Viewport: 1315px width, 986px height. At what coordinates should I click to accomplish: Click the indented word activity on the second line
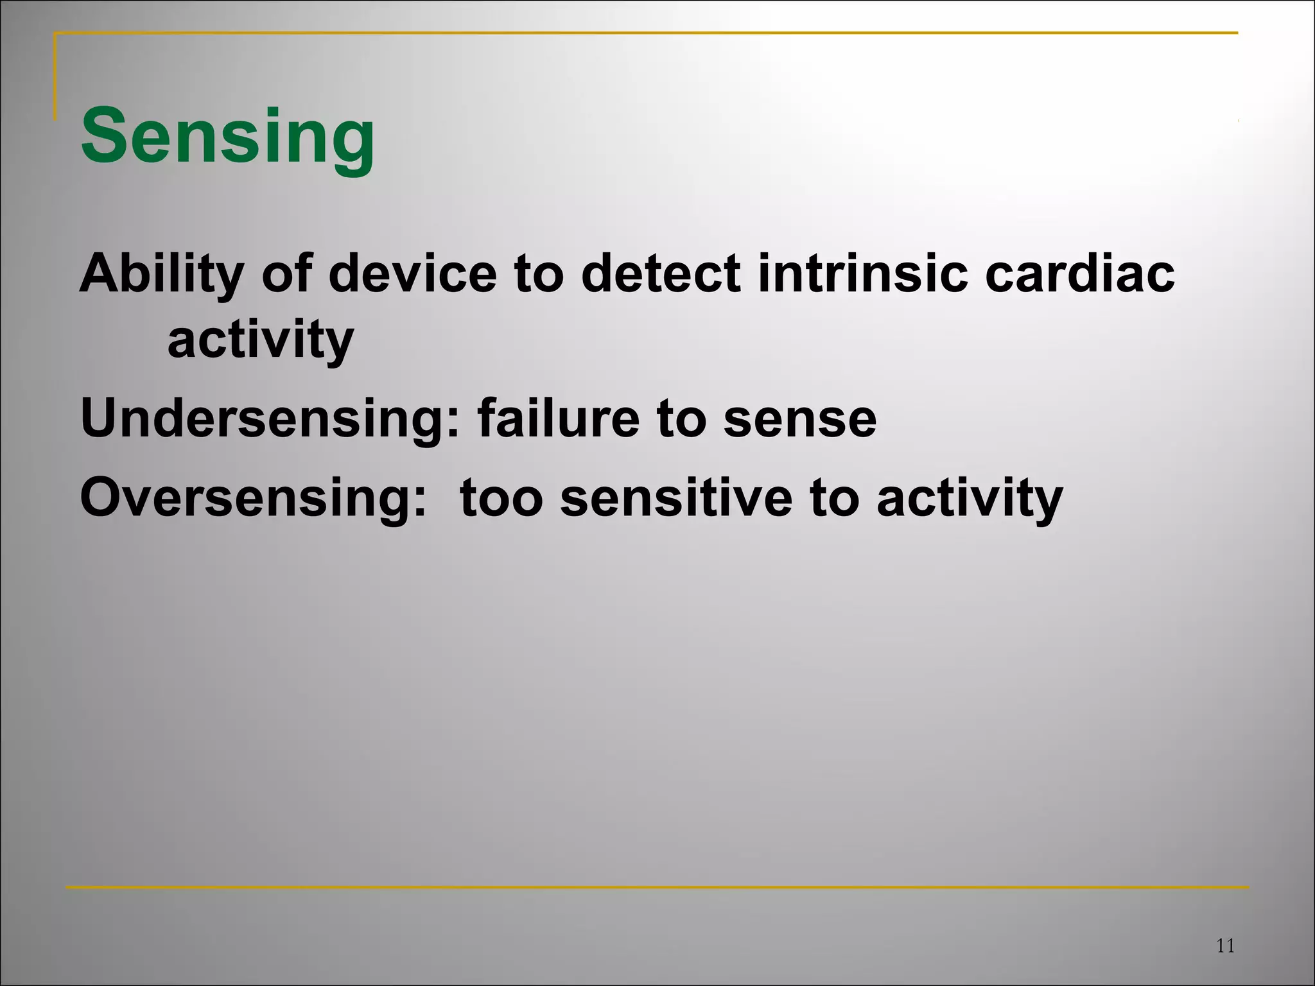click(260, 341)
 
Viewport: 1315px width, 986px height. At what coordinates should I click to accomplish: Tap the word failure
click(558, 419)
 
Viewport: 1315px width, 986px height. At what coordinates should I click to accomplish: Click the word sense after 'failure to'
click(799, 419)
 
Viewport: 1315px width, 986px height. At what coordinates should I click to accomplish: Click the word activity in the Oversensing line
click(970, 499)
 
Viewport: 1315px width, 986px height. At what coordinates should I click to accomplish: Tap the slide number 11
click(1225, 946)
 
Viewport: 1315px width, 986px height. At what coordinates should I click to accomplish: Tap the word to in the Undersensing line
click(681, 419)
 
